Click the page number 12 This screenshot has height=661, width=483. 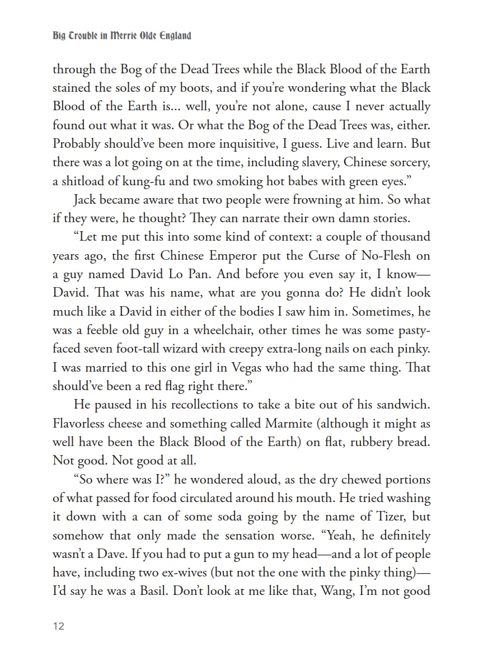pyautogui.click(x=59, y=626)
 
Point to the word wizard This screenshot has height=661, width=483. pyautogui.click(x=203, y=349)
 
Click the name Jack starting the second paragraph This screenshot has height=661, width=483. pyautogui.click(x=84, y=200)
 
